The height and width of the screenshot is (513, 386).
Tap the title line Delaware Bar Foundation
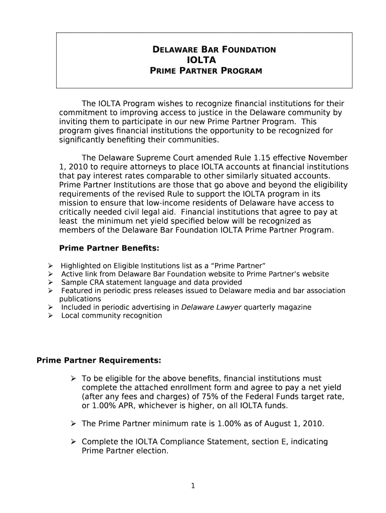click(x=214, y=50)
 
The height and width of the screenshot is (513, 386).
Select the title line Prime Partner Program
click(x=206, y=71)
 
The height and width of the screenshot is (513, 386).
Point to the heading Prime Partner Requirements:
click(x=99, y=360)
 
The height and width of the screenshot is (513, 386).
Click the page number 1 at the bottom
click(x=193, y=485)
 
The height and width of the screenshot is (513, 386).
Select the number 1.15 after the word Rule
click(x=260, y=158)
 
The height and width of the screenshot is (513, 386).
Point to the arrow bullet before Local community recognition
click(x=51, y=316)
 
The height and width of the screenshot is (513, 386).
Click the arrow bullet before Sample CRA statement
click(x=51, y=283)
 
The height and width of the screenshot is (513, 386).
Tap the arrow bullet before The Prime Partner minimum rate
click(x=74, y=423)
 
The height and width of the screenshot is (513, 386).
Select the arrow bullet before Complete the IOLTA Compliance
click(x=74, y=441)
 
